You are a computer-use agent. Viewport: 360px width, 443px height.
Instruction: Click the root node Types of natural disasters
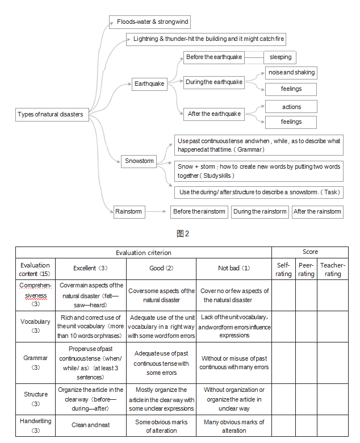point(51,114)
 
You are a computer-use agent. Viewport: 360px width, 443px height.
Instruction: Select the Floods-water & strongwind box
point(149,22)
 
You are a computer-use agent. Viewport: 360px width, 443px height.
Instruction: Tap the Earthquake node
point(149,83)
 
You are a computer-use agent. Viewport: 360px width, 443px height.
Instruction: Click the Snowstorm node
point(140,161)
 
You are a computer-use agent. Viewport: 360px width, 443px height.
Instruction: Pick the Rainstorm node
point(128,211)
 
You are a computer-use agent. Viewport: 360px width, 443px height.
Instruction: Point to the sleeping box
point(280,57)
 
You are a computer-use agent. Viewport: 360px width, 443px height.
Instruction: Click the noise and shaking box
point(291,73)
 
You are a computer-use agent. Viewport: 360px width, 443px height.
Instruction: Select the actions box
point(291,107)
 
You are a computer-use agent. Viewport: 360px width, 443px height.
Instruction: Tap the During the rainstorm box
point(259,211)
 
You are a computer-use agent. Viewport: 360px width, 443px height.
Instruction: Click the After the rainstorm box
point(317,211)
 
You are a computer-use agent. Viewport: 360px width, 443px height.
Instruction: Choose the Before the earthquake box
point(214,57)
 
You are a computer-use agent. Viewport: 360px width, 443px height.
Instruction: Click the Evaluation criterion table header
point(143,252)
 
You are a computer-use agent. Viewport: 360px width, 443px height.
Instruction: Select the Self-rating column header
point(283,269)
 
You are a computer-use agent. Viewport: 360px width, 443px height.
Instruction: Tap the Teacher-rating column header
point(332,269)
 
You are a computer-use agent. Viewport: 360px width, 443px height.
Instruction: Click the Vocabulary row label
point(35,326)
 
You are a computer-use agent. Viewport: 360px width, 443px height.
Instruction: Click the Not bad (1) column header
point(234,268)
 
